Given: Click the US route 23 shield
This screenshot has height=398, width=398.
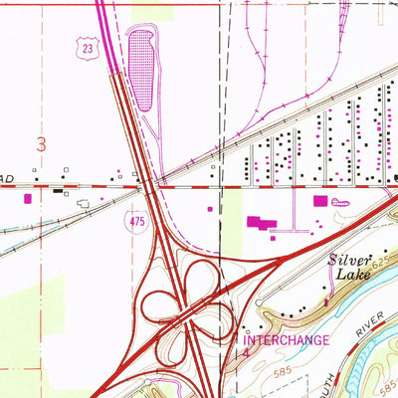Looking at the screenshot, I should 89,46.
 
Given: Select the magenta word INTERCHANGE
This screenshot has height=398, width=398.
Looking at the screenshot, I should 288,339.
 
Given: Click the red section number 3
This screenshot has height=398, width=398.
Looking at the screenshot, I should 42,144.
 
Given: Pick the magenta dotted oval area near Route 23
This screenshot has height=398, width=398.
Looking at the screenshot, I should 141,69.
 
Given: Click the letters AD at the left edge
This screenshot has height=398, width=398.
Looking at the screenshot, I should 6,178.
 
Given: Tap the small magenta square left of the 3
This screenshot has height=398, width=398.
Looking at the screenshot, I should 24,198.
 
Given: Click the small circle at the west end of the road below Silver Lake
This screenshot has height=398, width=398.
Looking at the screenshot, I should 246,329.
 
